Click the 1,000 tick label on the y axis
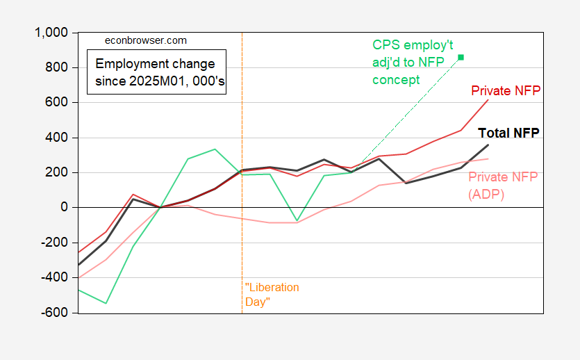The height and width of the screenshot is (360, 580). [50, 33]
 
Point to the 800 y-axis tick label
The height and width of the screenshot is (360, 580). [56, 67]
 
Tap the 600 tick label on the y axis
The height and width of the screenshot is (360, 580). [56, 103]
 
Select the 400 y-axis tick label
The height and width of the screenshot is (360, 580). [56, 138]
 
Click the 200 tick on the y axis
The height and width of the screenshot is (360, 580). [56, 172]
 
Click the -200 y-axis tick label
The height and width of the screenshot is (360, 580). [54, 243]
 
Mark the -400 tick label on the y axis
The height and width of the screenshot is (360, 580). [54, 277]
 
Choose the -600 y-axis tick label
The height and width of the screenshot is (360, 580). [54, 313]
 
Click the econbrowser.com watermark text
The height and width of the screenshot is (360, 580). [145, 40]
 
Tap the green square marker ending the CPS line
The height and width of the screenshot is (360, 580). [461, 57]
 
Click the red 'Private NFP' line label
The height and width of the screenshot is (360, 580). [506, 91]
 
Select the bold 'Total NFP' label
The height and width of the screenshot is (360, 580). [509, 133]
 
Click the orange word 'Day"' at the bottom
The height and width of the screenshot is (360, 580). [257, 302]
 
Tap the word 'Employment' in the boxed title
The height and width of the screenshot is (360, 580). [126, 63]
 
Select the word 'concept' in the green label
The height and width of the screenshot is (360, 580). [394, 80]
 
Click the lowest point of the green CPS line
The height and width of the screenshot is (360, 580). [106, 303]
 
